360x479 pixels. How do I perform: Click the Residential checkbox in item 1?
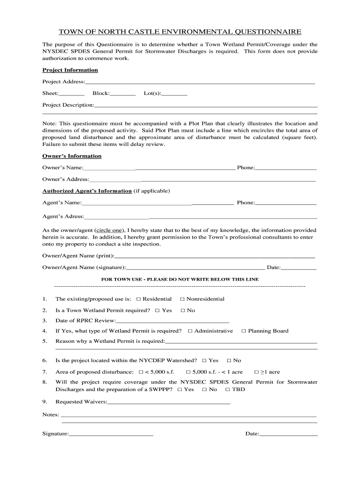(x=138, y=299)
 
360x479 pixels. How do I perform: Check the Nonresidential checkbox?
(x=182, y=299)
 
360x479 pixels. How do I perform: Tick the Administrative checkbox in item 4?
(x=190, y=331)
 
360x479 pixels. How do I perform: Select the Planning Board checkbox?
(x=244, y=331)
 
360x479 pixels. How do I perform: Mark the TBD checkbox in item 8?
(x=228, y=390)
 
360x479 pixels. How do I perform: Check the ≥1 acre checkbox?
(x=256, y=372)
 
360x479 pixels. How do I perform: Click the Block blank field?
(x=122, y=94)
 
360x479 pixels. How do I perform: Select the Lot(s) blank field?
(x=174, y=94)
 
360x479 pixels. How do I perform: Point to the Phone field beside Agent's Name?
(x=286, y=203)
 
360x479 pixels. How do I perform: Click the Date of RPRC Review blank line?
(x=172, y=321)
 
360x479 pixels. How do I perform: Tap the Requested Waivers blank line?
(x=169, y=402)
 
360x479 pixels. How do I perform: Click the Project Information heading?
(x=70, y=70)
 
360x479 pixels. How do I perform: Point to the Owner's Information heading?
(x=72, y=156)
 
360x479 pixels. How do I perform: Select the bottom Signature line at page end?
(x=111, y=435)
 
